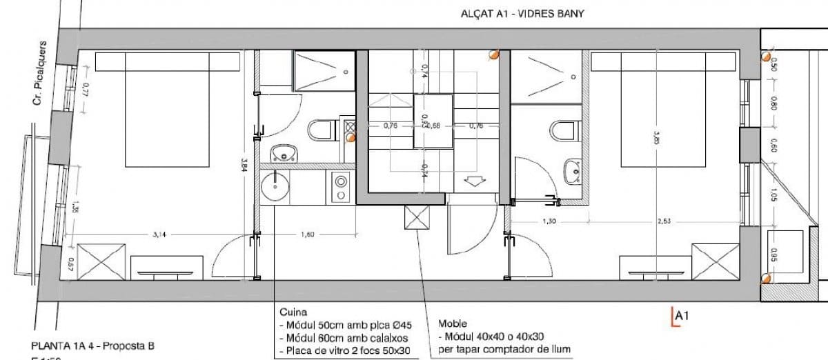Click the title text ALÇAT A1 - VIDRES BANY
pos(522,14)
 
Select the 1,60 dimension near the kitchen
pos(308,235)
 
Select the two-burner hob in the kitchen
pos(341,188)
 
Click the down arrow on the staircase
pos(475,181)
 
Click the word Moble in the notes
pos(453,323)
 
